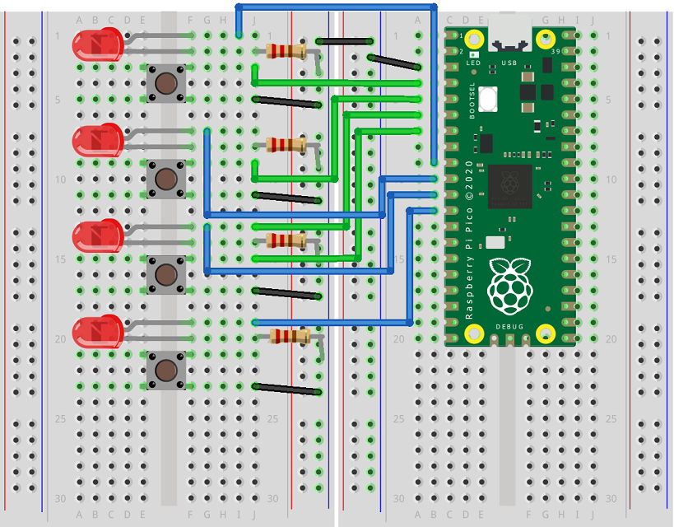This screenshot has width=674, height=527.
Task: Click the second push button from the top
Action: pos(165,178)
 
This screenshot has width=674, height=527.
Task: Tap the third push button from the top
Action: pos(165,273)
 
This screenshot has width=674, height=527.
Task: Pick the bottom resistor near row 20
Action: pos(290,335)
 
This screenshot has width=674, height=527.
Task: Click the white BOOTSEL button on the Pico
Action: pos(490,100)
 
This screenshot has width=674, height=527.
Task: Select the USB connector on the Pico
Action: pos(509,38)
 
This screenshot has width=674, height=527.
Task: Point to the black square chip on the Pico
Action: pos(510,187)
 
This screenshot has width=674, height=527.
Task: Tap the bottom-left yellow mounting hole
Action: pos(474,333)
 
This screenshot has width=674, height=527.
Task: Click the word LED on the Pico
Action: pos(473,63)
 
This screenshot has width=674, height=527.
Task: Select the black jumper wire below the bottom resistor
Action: pos(286,389)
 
